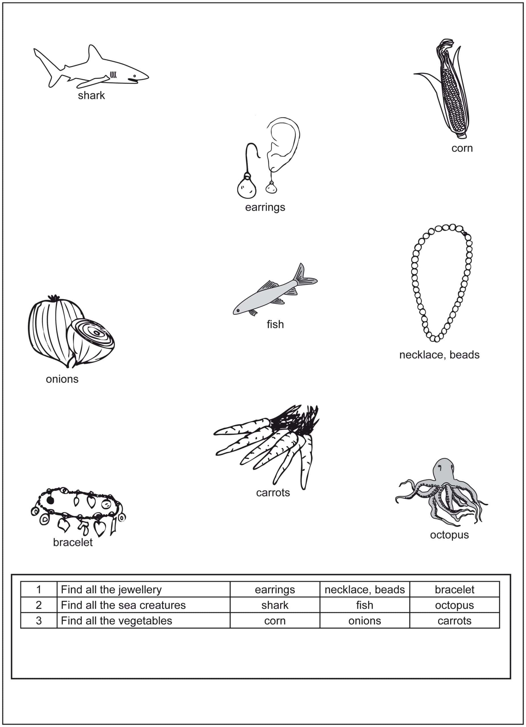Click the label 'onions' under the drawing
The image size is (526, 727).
point(62,379)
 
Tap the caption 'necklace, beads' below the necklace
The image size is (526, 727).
point(439,355)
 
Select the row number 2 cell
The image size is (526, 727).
point(39,605)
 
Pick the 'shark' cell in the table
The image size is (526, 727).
point(275,605)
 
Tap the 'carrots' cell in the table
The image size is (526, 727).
point(454,621)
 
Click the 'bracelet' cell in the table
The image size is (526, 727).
point(454,590)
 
